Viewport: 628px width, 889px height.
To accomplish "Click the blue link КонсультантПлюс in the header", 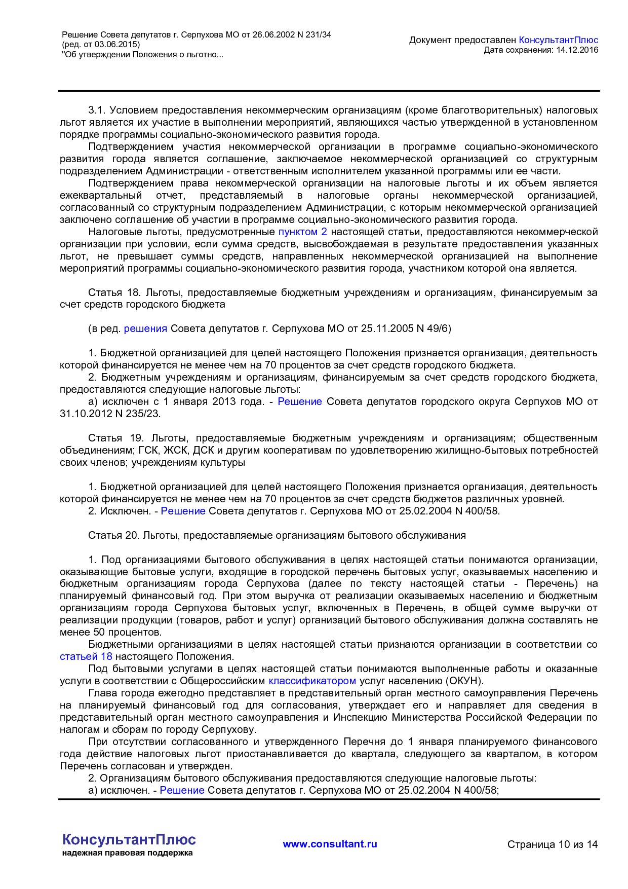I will point(559,40).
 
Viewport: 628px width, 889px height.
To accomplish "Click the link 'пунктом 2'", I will point(302,232).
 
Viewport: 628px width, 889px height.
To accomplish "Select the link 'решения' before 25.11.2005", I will point(145,328).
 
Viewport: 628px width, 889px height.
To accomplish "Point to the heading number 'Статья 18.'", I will point(115,292).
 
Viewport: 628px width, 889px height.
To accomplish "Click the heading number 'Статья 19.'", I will point(116,438).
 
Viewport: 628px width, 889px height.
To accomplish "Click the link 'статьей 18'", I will point(86,657).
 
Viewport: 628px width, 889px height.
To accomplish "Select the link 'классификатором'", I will point(312,681).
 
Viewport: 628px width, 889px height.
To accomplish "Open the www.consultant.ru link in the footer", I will point(330,844).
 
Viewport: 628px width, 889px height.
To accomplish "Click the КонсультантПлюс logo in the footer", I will point(129,839).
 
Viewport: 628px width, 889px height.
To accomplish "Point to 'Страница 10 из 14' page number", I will point(552,844).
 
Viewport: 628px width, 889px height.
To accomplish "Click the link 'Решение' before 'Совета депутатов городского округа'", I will point(300,401).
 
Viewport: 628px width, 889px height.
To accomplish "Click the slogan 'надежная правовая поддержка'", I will point(128,853).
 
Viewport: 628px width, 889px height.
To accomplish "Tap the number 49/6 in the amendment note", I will point(438,328).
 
